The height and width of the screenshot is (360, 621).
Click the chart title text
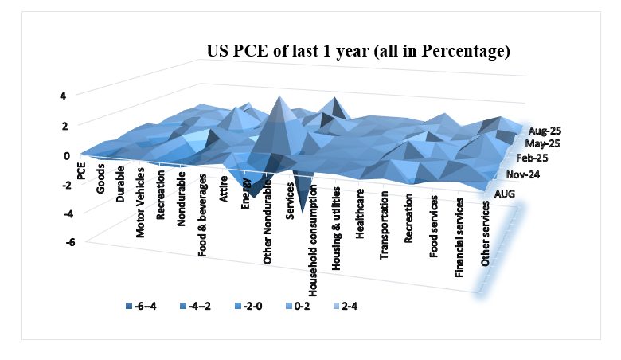click(x=358, y=52)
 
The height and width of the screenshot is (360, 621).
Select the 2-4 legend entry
click(x=346, y=306)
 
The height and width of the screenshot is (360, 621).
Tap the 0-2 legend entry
click(x=298, y=306)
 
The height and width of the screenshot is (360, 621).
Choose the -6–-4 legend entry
click(x=141, y=306)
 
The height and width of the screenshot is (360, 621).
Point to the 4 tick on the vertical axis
click(x=63, y=96)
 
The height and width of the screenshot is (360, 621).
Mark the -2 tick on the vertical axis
click(x=66, y=185)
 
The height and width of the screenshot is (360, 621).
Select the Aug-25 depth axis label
click(x=545, y=131)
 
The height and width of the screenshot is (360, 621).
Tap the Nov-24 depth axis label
click(x=523, y=174)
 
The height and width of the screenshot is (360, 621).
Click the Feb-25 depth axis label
click(x=533, y=158)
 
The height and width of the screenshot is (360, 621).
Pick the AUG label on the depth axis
click(x=505, y=194)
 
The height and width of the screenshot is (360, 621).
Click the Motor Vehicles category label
click(x=140, y=203)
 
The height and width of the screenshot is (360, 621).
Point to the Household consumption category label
click(x=313, y=241)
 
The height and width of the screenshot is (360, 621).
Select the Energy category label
click(x=245, y=194)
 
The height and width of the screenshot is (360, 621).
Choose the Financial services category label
click(x=459, y=237)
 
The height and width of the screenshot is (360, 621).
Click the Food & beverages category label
click(x=202, y=215)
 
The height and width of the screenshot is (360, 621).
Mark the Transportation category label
click(x=384, y=225)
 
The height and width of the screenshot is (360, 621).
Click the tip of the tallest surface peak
click(x=280, y=96)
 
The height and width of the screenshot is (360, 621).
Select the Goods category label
click(x=100, y=178)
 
